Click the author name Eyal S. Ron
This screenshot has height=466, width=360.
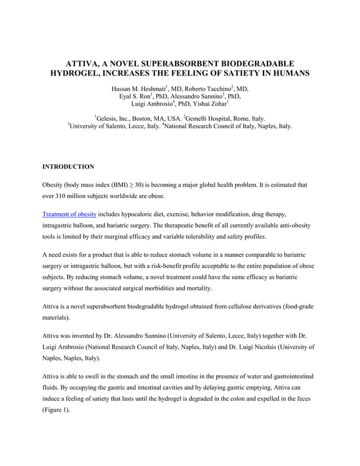[x=134, y=97]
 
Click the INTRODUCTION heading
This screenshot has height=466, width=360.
[x=68, y=167]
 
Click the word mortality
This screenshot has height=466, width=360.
[x=197, y=288]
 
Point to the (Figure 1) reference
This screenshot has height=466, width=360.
[x=56, y=410]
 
